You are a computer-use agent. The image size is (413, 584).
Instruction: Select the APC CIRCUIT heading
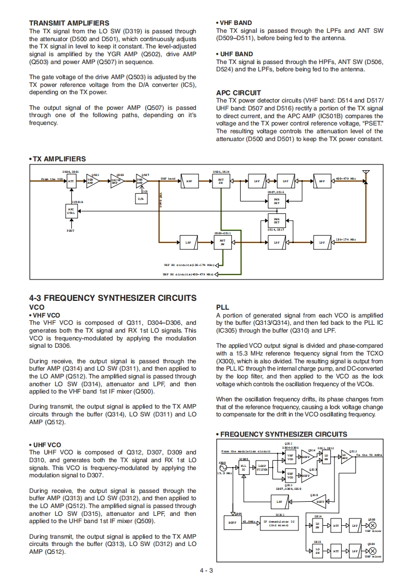[239, 93]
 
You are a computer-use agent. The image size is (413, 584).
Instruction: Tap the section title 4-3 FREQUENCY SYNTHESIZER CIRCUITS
[113, 298]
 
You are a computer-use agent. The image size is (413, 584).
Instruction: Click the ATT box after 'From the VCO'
[71, 180]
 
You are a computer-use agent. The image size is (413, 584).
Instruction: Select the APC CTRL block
[71, 211]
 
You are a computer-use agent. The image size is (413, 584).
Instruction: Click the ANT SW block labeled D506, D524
[221, 181]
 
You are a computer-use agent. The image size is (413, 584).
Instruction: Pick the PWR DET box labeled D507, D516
[277, 200]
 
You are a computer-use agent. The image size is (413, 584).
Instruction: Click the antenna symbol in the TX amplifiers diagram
[366, 172]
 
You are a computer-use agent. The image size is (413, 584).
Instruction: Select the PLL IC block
[243, 468]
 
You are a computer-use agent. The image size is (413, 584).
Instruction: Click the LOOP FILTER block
[262, 468]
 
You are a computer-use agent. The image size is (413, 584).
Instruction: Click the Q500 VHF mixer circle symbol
[372, 526]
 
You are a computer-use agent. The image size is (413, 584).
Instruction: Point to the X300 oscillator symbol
[222, 467]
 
